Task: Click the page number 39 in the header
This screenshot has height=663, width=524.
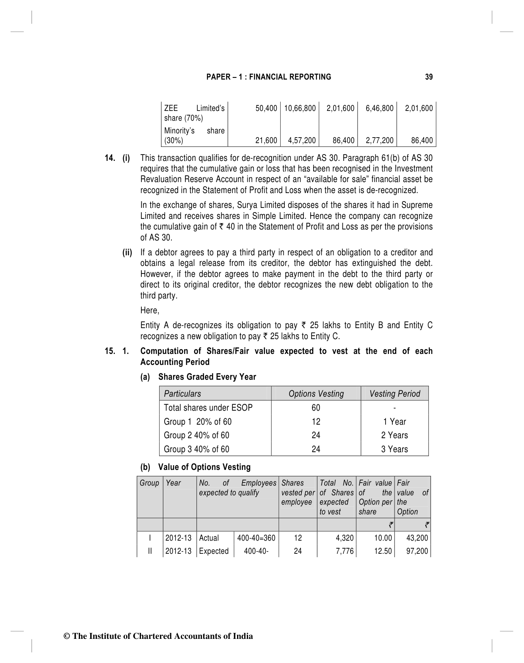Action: [x=429, y=77]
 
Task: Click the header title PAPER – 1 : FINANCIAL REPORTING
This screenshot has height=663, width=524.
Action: [x=269, y=77]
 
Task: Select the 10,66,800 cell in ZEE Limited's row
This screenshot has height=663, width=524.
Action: [x=300, y=108]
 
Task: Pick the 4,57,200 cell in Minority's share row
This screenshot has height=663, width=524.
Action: [x=301, y=141]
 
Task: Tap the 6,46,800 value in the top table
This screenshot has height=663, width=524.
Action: [x=379, y=108]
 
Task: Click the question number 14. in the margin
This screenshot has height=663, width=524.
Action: [x=111, y=158]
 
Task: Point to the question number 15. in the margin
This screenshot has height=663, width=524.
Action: [x=111, y=351]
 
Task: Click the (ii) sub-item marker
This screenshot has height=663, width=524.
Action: [x=127, y=253]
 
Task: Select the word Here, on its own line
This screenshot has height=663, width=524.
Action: [x=150, y=310]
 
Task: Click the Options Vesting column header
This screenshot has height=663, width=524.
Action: [x=316, y=394]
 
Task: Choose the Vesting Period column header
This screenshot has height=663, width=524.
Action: [x=394, y=394]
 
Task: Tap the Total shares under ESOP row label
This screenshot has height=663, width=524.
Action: [x=208, y=408]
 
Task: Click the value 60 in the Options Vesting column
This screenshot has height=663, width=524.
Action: [x=316, y=408]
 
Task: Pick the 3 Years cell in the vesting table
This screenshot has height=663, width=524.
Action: [x=394, y=449]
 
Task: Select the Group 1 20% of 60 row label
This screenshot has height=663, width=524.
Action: [x=198, y=422]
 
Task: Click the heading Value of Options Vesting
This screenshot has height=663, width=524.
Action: [x=204, y=467]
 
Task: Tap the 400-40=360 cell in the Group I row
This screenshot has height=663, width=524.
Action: [x=256, y=538]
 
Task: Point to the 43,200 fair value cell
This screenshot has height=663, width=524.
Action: [x=416, y=538]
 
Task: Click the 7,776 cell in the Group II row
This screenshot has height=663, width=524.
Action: [x=345, y=551]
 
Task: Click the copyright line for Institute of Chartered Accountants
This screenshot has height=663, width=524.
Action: [x=158, y=636]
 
